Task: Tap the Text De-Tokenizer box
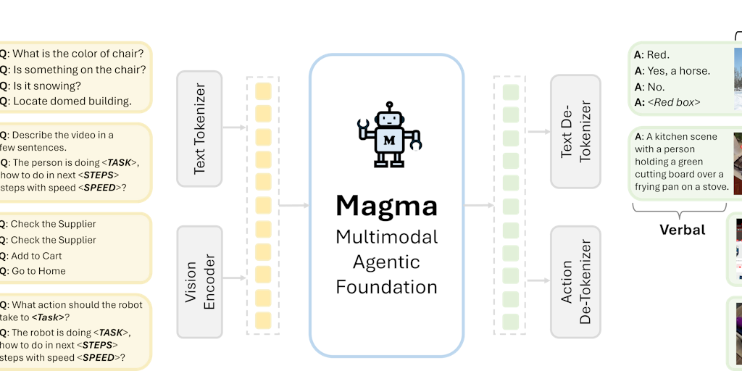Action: coord(575,131)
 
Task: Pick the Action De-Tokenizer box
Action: coord(575,281)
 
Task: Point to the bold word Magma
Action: coord(386,206)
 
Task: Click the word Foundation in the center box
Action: coord(386,286)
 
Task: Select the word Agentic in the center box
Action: coord(386,262)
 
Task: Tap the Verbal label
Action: coord(682,230)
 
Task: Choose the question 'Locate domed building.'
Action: coord(71,101)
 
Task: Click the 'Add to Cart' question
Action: coord(36,256)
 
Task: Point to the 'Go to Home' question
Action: coord(38,272)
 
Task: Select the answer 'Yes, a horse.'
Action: coord(678,71)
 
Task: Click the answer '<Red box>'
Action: coord(677,102)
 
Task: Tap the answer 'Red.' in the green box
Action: coord(657,54)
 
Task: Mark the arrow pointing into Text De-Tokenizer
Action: coord(536,132)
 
